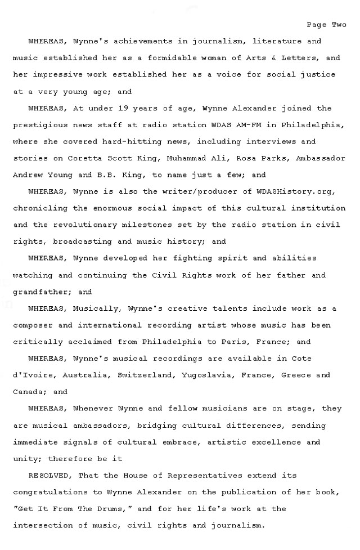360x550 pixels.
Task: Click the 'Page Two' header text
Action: click(x=326, y=25)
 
